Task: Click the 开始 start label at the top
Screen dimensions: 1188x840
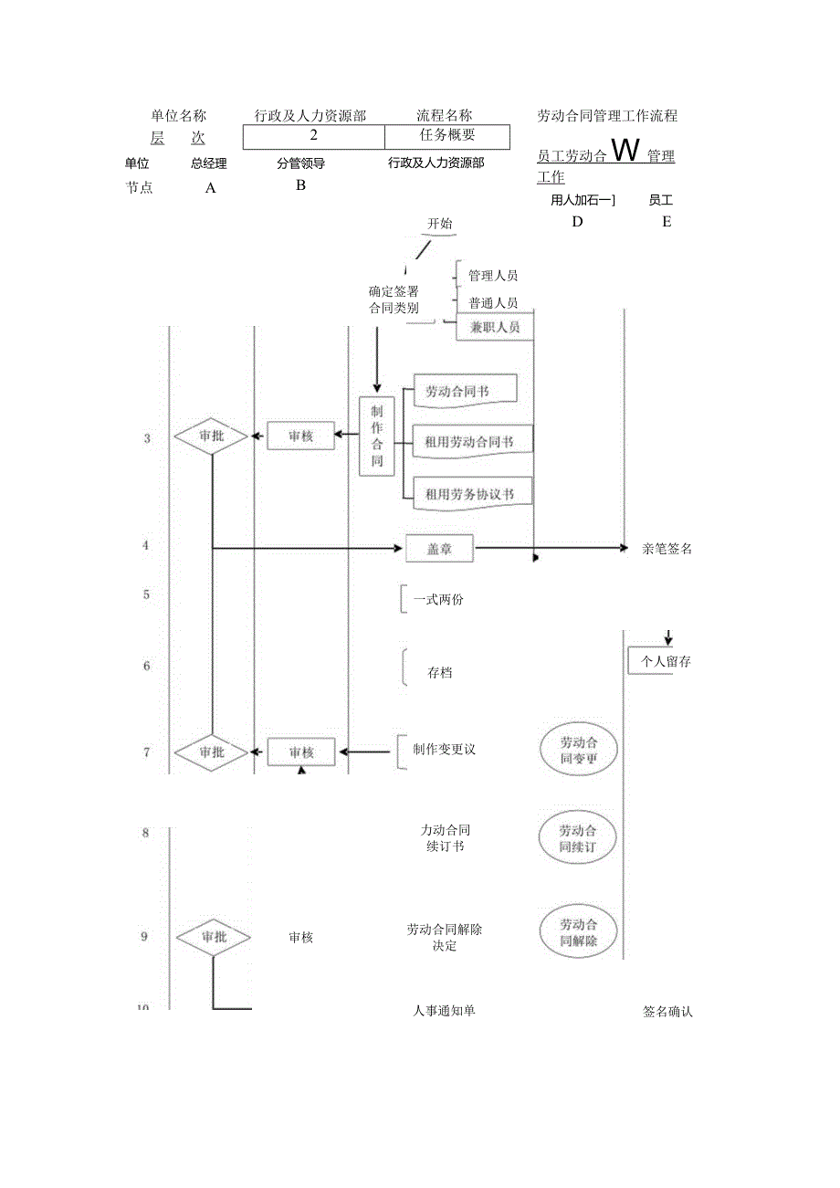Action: click(x=440, y=224)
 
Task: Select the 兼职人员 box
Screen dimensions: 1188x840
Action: click(x=494, y=327)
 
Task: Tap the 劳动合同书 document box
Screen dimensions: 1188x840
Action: click(x=465, y=391)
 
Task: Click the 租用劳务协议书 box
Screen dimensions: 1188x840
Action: click(x=472, y=494)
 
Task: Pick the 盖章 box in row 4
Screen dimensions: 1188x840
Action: click(x=439, y=550)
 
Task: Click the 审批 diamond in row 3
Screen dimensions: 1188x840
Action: click(x=212, y=436)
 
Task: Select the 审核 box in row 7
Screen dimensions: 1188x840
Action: click(x=301, y=752)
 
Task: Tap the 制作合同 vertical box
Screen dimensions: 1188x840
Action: click(x=377, y=436)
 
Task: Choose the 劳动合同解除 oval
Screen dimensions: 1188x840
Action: click(x=578, y=931)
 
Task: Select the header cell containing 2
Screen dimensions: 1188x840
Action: click(x=313, y=136)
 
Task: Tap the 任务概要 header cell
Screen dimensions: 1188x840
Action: click(x=446, y=136)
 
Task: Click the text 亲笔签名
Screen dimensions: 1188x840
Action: click(x=667, y=549)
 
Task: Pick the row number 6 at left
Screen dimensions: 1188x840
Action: click(x=147, y=667)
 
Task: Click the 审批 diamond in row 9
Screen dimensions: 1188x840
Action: click(x=213, y=937)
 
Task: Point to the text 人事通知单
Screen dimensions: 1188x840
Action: click(x=444, y=1011)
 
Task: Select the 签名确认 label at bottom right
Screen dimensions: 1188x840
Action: click(x=667, y=1012)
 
